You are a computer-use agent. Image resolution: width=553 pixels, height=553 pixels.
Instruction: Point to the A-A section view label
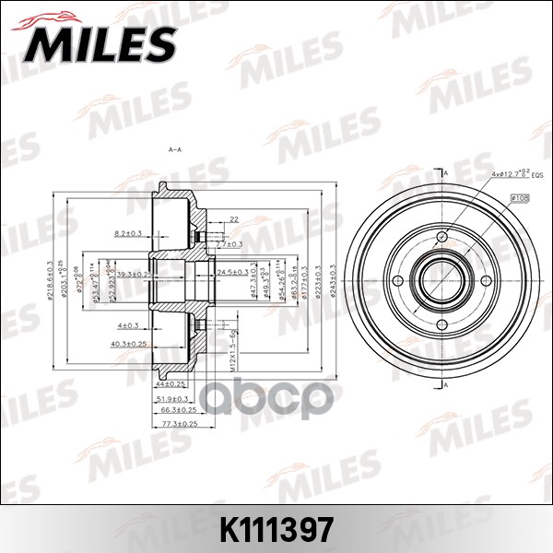[174, 148]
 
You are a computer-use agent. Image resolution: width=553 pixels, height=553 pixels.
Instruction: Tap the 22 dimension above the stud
[234, 219]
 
